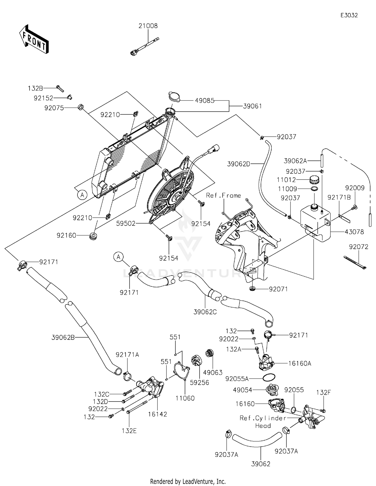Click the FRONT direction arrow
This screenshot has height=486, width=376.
(34, 39)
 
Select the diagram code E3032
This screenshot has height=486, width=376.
(349, 15)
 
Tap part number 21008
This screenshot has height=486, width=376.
(148, 26)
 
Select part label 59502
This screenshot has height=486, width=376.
(126, 223)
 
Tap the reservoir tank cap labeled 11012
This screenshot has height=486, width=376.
(314, 180)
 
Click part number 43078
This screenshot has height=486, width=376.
(354, 232)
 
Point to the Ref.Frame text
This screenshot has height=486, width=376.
(223, 195)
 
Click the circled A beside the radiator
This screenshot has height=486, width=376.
(82, 195)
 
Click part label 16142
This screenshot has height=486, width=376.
(157, 414)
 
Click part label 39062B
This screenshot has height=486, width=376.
(63, 338)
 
